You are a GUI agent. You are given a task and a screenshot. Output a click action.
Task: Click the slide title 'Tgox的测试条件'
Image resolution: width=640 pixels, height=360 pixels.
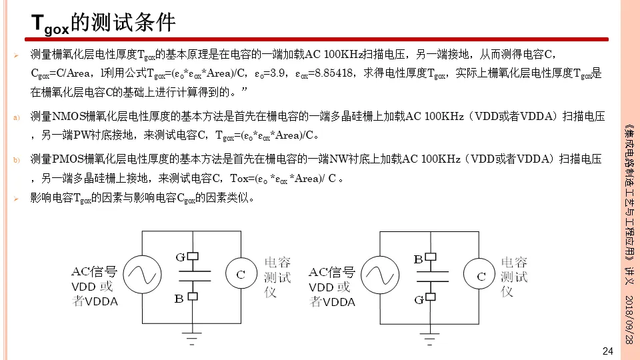click(x=104, y=23)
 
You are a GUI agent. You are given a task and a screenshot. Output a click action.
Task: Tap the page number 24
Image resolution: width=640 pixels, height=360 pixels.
click(x=607, y=351)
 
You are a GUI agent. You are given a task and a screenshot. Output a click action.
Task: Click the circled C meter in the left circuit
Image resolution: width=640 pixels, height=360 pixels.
click(x=241, y=273)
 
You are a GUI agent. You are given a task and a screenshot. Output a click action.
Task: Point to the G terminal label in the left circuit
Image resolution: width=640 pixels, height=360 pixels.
click(x=180, y=257)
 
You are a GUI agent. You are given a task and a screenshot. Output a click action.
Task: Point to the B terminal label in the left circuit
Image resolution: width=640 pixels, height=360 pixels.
click(x=179, y=299)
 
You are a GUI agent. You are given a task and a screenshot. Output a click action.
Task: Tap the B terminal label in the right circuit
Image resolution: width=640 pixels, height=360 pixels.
click(x=419, y=259)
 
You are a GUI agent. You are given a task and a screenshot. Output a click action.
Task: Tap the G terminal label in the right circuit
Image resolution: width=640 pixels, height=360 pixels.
click(x=419, y=300)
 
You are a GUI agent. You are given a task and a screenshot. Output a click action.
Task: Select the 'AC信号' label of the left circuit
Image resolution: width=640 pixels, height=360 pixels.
click(x=94, y=272)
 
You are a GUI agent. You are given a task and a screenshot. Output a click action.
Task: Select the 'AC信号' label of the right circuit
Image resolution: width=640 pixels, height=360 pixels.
click(x=332, y=273)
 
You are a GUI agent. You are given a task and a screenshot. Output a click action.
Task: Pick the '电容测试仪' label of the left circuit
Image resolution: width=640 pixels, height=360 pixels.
click(x=277, y=277)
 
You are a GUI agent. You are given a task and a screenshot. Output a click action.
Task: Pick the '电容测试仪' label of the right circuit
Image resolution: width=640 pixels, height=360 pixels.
click(x=513, y=276)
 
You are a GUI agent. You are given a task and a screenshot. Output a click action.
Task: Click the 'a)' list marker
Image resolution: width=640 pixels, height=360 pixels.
click(x=17, y=119)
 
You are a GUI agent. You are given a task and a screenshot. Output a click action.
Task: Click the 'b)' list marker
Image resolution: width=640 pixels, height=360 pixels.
click(x=17, y=161)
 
